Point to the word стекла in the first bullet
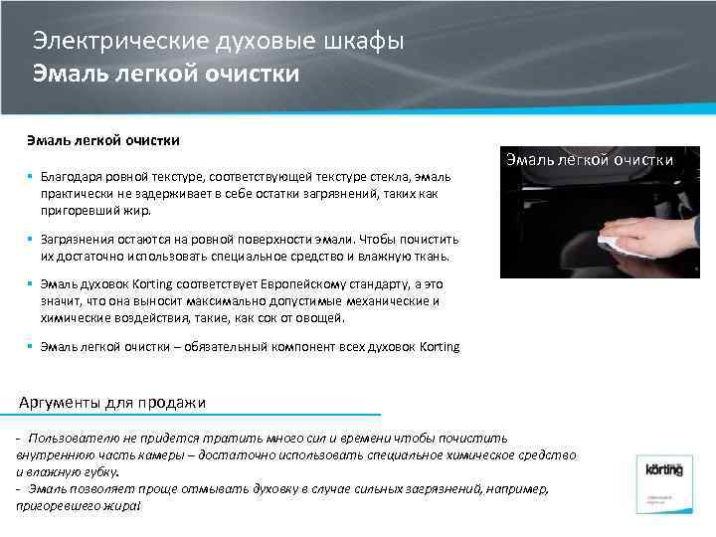372,176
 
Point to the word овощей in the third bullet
319,318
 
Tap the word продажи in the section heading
176,403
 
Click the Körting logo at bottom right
663,468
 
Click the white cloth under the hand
613,241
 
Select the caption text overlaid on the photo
590,159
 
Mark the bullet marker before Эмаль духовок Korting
32,284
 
